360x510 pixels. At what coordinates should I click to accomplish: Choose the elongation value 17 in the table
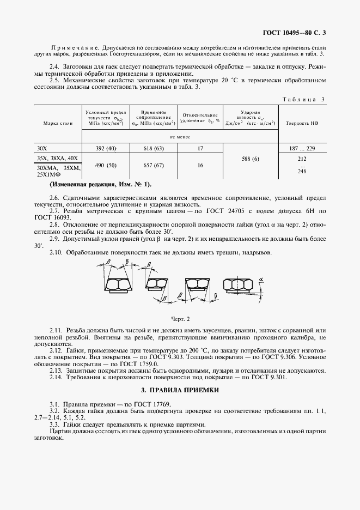click(x=200, y=148)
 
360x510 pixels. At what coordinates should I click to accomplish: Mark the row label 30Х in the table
click(x=42, y=148)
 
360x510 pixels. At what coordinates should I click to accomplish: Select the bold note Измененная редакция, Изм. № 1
click(x=101, y=185)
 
